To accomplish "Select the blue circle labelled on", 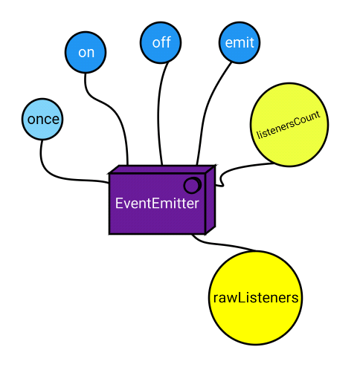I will [x=86, y=52].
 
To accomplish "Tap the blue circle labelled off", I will [x=161, y=42].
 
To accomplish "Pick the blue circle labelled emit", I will [x=239, y=43].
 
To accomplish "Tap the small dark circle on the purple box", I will [x=192, y=185].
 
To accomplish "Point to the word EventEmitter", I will [x=157, y=203].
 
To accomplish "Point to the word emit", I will [x=239, y=43].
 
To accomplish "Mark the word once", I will [x=43, y=119].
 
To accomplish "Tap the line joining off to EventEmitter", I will [x=161, y=111].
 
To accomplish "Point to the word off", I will [x=161, y=42].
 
